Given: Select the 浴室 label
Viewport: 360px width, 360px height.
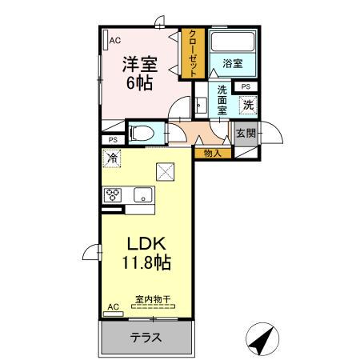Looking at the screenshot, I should (232, 64).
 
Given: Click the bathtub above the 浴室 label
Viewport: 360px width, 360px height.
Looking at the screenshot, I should (232, 42).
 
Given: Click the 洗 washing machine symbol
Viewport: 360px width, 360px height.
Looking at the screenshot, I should (248, 103).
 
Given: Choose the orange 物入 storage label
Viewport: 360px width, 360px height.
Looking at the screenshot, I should (212, 152).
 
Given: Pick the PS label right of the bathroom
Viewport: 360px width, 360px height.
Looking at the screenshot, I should (246, 86).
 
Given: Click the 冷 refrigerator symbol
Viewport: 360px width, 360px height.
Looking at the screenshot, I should (112, 158).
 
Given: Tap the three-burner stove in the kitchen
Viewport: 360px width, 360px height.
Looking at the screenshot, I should (112, 195).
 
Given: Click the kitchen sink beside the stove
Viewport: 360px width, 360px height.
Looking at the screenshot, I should (143, 195).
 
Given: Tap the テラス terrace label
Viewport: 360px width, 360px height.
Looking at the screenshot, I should (146, 337).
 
